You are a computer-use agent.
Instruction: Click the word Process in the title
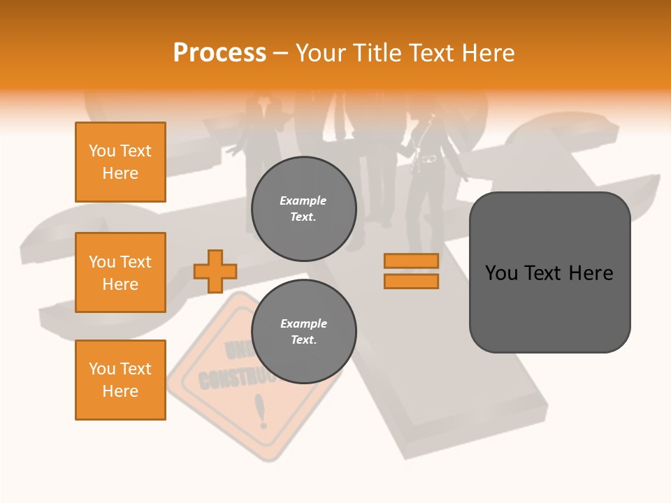(219, 53)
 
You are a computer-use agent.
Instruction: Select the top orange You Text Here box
(120, 162)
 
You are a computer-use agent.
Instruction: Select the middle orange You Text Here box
(120, 272)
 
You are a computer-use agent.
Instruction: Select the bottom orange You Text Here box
(120, 380)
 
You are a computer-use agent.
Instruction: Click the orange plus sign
(215, 271)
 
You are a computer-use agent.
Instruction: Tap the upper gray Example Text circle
(303, 209)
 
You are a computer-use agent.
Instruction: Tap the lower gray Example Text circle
(303, 332)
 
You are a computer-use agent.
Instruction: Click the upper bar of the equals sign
(411, 261)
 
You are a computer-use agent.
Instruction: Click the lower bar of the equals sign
(411, 282)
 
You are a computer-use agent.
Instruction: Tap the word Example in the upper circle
(303, 201)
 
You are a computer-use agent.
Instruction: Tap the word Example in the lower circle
(303, 323)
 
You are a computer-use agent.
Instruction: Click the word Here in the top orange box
(120, 173)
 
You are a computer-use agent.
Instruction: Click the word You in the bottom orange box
(102, 369)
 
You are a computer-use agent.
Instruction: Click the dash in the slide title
(280, 54)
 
